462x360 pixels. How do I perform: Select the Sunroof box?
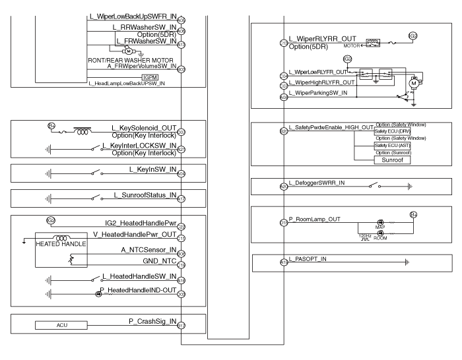click(375, 160)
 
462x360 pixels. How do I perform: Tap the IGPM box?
click(143, 77)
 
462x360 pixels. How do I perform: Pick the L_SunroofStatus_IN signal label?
click(146, 195)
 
